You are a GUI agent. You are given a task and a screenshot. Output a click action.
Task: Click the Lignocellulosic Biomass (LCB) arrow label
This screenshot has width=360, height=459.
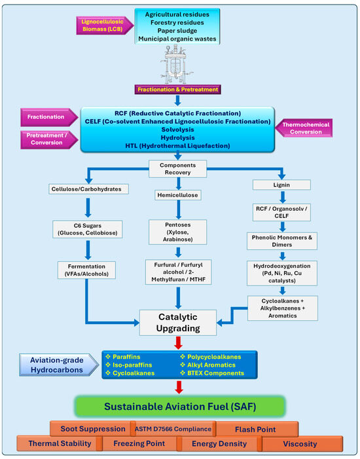(x=105, y=26)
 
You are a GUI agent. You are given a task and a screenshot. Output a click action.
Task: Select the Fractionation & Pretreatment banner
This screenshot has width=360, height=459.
(x=177, y=90)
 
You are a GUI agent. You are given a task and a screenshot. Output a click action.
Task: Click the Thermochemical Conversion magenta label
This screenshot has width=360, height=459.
(x=304, y=128)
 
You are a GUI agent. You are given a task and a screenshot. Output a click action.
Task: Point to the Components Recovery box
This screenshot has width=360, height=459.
(x=177, y=169)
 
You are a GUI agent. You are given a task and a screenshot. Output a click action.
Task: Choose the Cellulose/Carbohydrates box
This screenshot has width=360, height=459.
(x=88, y=189)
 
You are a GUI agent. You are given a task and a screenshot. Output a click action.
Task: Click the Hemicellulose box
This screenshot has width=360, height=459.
(x=177, y=195)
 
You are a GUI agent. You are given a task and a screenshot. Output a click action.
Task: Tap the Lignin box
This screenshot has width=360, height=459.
(x=281, y=185)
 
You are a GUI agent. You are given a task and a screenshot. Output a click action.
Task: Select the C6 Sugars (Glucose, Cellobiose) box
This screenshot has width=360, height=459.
(x=88, y=229)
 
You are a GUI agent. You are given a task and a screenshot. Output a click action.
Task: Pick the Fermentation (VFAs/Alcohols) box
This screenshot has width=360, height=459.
(x=86, y=270)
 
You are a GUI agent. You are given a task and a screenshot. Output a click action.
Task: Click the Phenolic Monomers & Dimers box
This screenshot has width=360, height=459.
(x=282, y=241)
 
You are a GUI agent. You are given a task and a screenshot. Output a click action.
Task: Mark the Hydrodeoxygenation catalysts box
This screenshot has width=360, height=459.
(x=282, y=273)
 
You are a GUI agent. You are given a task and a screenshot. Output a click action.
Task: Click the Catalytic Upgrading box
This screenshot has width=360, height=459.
(x=178, y=323)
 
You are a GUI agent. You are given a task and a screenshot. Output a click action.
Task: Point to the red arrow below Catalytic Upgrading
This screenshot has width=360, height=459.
(x=178, y=343)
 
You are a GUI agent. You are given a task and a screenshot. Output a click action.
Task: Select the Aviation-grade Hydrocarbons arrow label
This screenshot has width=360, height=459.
(x=59, y=365)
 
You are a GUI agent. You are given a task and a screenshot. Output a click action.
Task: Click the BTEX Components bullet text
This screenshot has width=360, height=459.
(x=213, y=373)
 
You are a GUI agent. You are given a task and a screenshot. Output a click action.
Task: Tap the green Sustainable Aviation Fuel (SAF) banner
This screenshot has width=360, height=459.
(x=180, y=407)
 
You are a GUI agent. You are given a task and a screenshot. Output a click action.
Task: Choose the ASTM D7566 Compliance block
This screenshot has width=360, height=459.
(x=173, y=429)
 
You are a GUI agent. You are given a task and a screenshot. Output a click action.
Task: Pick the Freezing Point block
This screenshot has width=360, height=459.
(x=139, y=443)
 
